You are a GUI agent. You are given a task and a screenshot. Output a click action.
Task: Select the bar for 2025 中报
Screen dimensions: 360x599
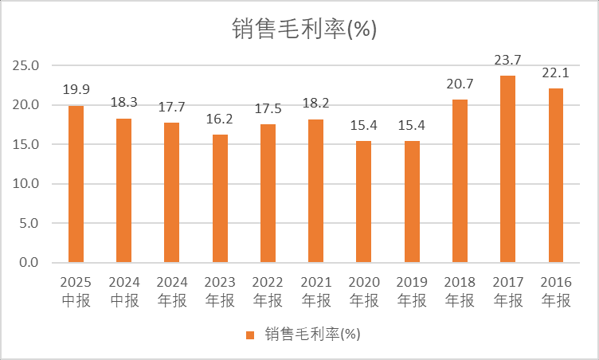pos(76,184)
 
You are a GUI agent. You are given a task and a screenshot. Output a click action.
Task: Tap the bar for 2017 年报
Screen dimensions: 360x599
pos(507,169)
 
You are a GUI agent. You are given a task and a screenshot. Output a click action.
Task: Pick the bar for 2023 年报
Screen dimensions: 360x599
pos(220,198)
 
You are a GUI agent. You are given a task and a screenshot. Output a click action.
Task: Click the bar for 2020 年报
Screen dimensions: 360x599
pos(363,202)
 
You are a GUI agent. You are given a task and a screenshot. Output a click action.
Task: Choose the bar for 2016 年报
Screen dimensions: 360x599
pos(555,175)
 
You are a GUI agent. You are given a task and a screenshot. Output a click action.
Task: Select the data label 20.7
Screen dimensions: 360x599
pos(460,85)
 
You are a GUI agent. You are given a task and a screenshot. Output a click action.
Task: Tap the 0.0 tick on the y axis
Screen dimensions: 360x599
pos(29,263)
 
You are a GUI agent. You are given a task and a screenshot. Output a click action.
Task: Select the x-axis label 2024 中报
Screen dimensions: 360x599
pos(123,292)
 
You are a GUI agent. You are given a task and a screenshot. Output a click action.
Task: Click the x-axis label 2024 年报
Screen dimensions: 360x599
pos(171,292)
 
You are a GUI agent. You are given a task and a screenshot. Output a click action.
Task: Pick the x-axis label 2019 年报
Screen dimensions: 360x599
pos(411,292)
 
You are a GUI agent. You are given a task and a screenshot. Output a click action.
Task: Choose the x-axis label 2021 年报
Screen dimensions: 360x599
pos(315,292)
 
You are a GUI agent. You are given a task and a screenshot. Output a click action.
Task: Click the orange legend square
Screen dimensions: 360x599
pos(250,335)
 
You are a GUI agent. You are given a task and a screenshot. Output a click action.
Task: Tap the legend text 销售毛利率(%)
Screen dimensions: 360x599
pos(313,335)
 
